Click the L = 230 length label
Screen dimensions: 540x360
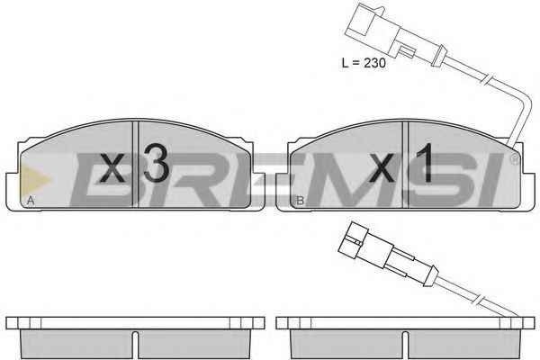coord(364,63)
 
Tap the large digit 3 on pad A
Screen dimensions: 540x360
coord(157,163)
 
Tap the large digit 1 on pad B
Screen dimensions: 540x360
coord(425,163)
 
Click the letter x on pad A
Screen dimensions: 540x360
coord(112,168)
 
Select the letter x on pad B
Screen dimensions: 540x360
coord(382,168)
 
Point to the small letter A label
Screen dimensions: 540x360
coord(31,200)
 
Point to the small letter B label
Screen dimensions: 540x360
coord(300,200)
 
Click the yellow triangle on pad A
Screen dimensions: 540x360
coord(34,180)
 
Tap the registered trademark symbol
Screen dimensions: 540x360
coord(514,159)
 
